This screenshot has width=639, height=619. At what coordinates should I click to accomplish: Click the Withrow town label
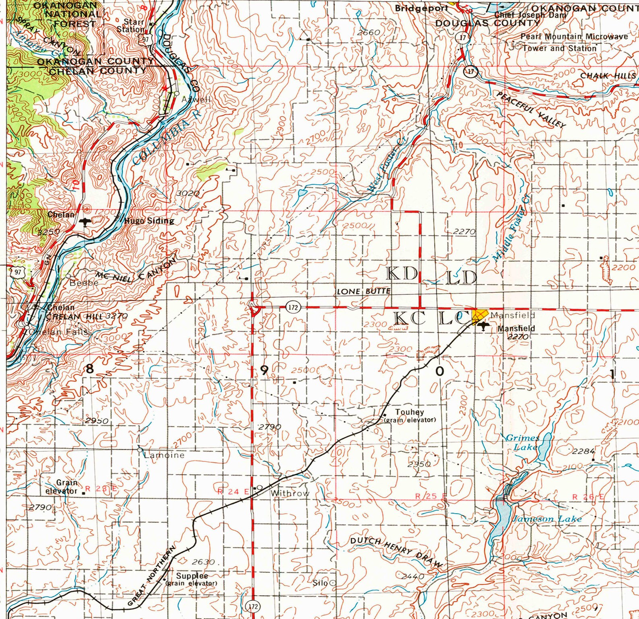click(290, 493)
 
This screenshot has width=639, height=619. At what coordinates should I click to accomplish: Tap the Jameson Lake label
click(546, 519)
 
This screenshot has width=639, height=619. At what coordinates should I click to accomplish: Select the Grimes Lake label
click(522, 442)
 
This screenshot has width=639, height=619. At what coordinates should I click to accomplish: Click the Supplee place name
click(192, 576)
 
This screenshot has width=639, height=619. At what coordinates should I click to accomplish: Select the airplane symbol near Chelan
click(85, 222)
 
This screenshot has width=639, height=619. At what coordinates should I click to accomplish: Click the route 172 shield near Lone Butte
click(293, 308)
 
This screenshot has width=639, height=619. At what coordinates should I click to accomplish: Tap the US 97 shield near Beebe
click(17, 272)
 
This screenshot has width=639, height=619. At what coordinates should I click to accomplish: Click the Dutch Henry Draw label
click(396, 552)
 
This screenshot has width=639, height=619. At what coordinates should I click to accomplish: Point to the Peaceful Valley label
click(531, 110)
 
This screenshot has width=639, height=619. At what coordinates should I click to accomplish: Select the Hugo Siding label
click(149, 220)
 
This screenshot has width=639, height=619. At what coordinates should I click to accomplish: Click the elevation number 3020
click(188, 193)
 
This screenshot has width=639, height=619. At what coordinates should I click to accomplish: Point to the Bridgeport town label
click(421, 8)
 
